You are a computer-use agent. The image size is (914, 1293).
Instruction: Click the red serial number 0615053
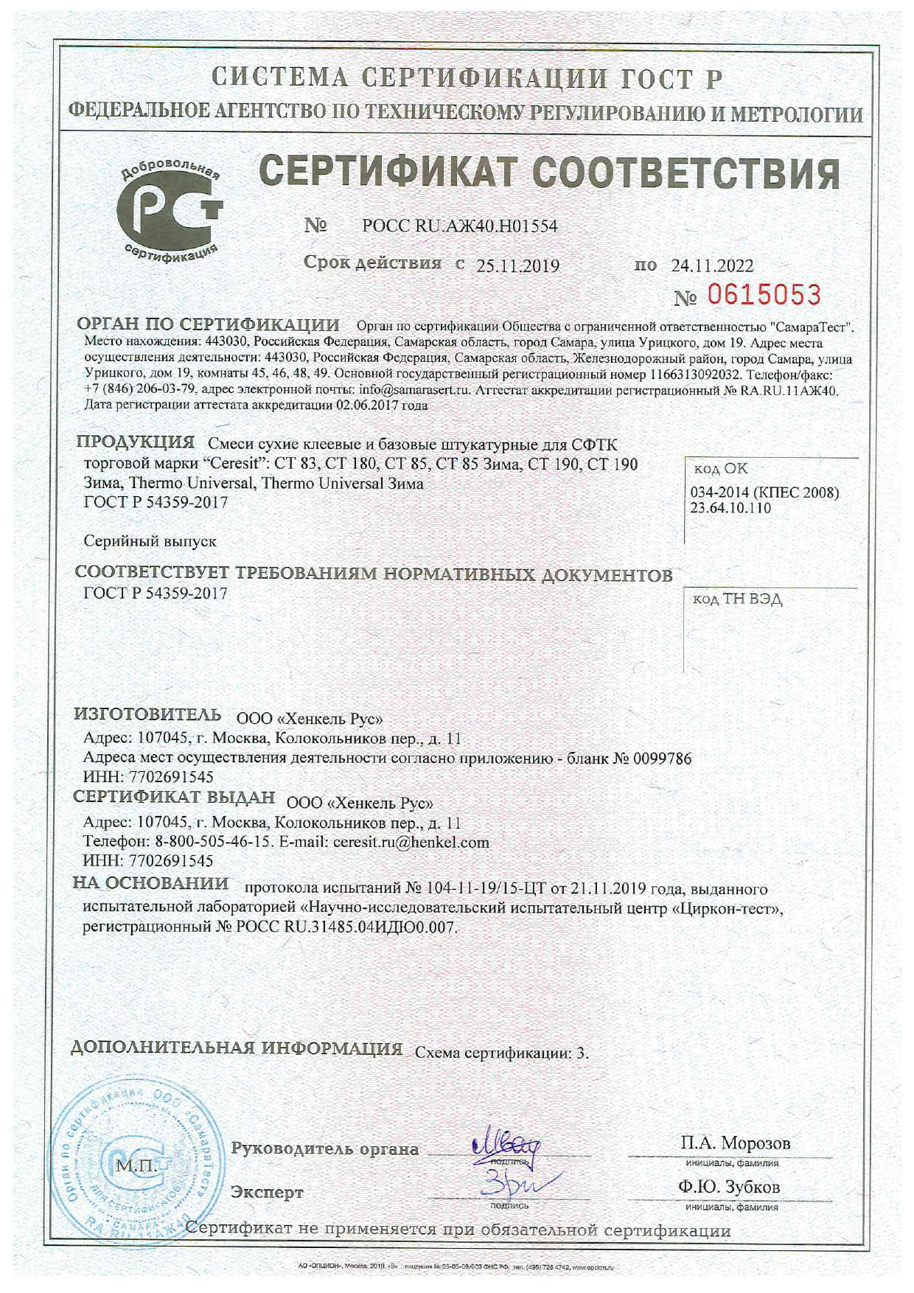(764, 296)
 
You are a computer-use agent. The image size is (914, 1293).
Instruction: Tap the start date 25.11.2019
(517, 266)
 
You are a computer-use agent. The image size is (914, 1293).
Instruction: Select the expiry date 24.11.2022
(712, 266)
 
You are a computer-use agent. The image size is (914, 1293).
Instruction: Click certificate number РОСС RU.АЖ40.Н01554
(459, 226)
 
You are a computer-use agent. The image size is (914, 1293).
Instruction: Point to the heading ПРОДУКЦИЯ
(136, 442)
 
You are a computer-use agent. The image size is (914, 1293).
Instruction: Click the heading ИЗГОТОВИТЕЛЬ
(147, 714)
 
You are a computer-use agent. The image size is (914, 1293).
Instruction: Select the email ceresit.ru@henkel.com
(411, 842)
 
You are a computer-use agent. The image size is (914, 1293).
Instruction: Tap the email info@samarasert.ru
(414, 390)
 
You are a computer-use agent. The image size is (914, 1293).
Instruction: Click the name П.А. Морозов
(735, 1143)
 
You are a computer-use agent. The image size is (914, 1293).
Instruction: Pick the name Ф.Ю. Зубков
(729, 1187)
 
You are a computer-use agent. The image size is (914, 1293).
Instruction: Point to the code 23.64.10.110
(730, 508)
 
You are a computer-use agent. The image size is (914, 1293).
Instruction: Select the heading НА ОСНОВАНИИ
(151, 883)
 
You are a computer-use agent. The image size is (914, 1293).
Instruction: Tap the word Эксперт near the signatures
(267, 1192)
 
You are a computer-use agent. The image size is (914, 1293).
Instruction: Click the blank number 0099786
(664, 758)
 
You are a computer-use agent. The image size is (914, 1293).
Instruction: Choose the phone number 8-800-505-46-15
(214, 842)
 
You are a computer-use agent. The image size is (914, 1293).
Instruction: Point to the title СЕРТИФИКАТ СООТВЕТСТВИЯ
(549, 173)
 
